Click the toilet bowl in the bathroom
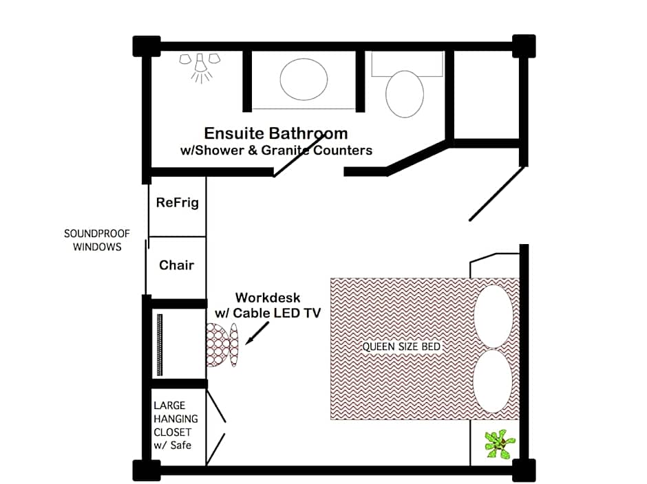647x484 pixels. [x=404, y=94]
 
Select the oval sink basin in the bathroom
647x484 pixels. [x=304, y=80]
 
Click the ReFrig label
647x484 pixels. [x=177, y=203]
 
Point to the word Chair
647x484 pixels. [x=177, y=265]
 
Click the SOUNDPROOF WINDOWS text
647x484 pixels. [x=97, y=240]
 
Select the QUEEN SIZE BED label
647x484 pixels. [x=401, y=346]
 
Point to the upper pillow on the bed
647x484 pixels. [x=494, y=316]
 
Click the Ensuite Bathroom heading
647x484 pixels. [x=275, y=133]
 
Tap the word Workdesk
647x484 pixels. [x=268, y=298]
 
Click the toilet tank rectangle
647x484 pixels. [x=407, y=63]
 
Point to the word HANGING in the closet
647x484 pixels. [x=176, y=419]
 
